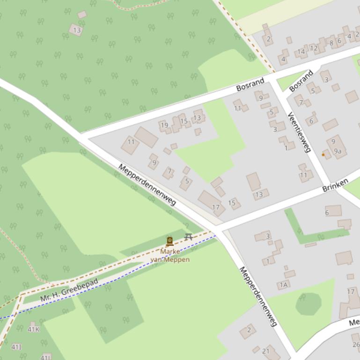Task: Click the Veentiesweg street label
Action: [299, 132]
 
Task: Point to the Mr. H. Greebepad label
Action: [69, 290]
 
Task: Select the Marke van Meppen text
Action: [170, 255]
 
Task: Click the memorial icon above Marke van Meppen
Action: [169, 241]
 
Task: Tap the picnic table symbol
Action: [189, 237]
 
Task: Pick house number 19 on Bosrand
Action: [164, 125]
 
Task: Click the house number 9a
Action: [338, 151]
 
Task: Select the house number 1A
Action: [283, 285]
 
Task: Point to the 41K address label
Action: [33, 329]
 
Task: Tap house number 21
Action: [266, 351]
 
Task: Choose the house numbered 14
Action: [301, 52]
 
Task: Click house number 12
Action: [314, 48]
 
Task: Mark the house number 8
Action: [331, 43]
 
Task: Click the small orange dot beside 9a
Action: [323, 154]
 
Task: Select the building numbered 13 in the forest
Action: [77, 30]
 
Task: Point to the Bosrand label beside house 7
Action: [301, 81]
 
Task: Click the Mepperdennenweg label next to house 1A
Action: [258, 296]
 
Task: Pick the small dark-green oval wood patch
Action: [308, 303]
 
